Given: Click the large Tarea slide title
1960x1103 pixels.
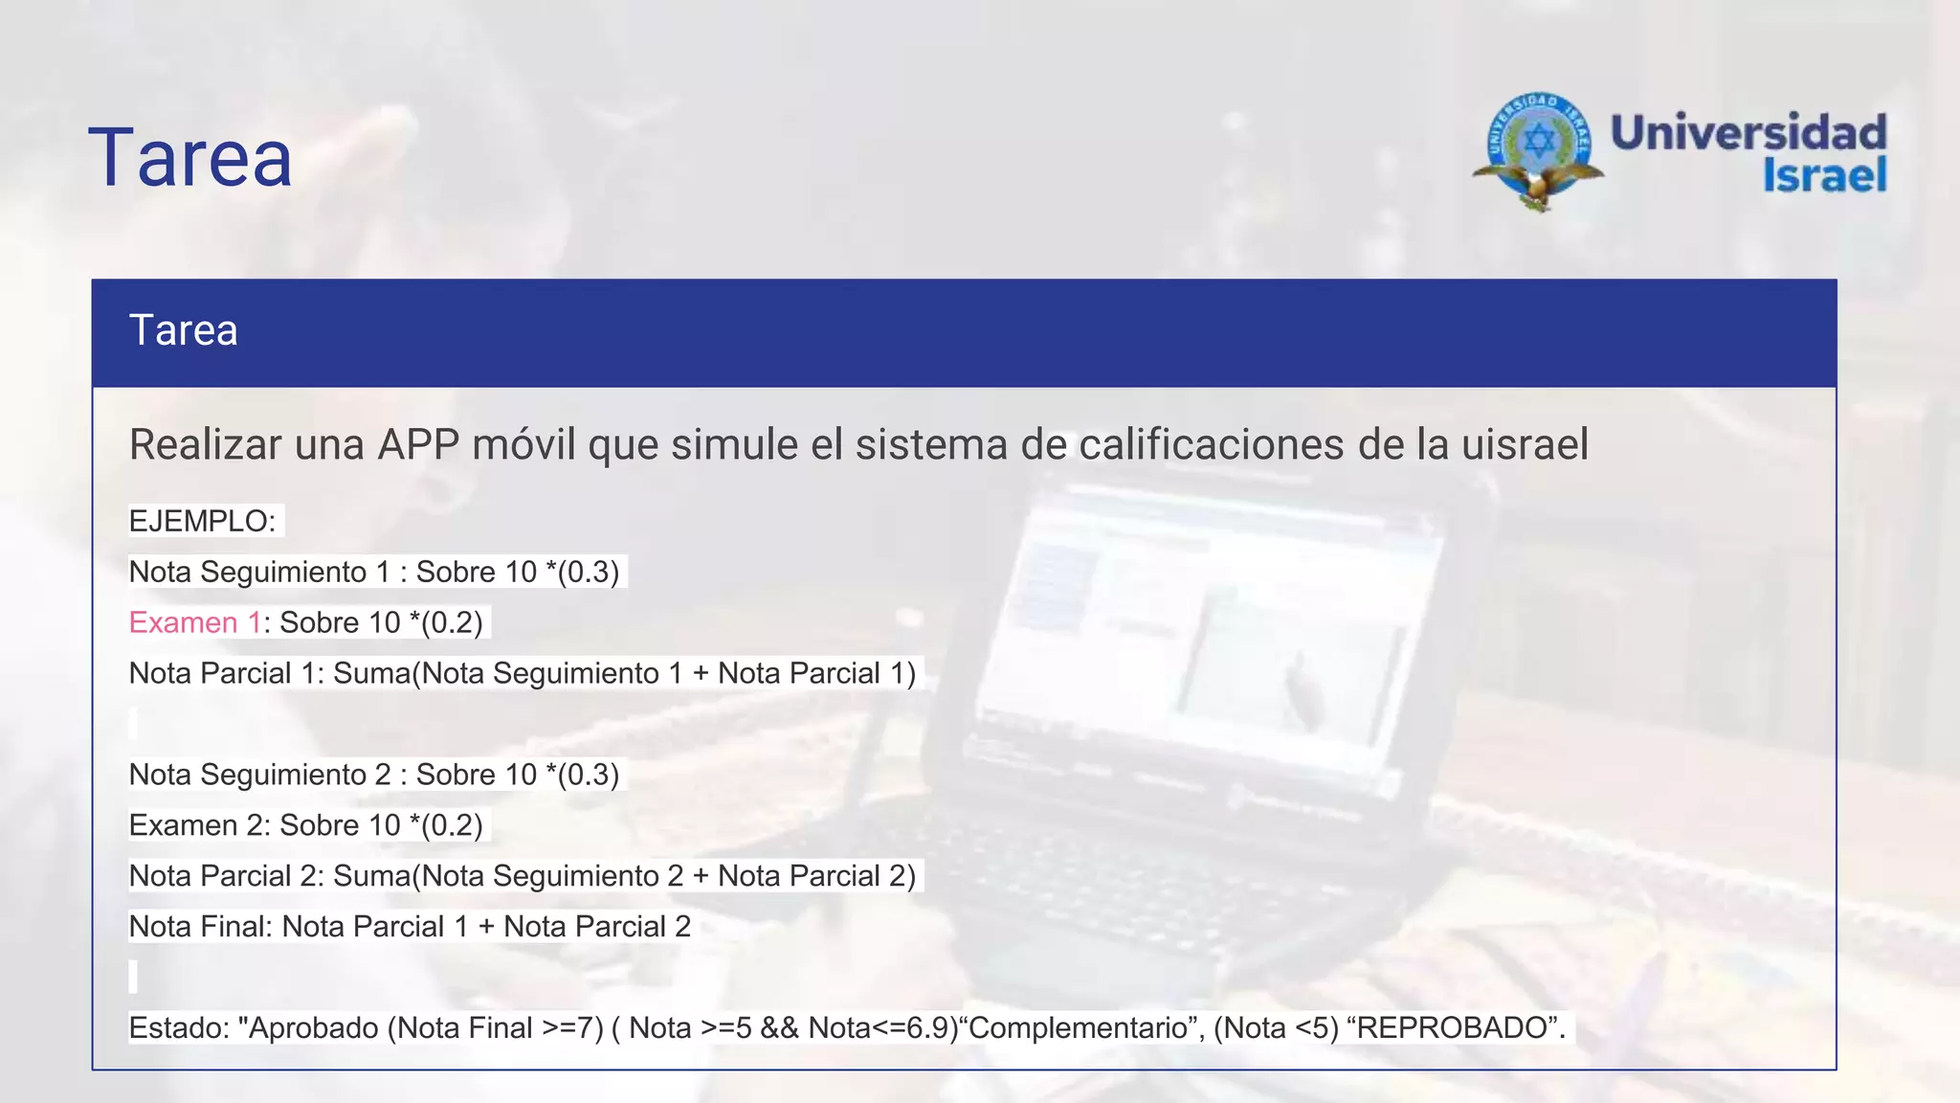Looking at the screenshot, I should click(x=189, y=158).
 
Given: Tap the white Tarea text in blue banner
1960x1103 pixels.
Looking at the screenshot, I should click(x=183, y=330).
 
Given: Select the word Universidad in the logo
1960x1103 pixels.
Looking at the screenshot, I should click(x=1748, y=132).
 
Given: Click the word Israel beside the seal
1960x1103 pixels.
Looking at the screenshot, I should click(x=1824, y=176).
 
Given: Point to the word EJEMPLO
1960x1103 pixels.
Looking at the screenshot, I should click(x=198, y=522).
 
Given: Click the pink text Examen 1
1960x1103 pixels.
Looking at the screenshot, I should click(x=194, y=623).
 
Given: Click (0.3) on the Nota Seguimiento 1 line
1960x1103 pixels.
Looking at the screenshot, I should click(x=588, y=573).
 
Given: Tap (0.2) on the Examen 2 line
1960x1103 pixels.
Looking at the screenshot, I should click(x=451, y=825).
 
